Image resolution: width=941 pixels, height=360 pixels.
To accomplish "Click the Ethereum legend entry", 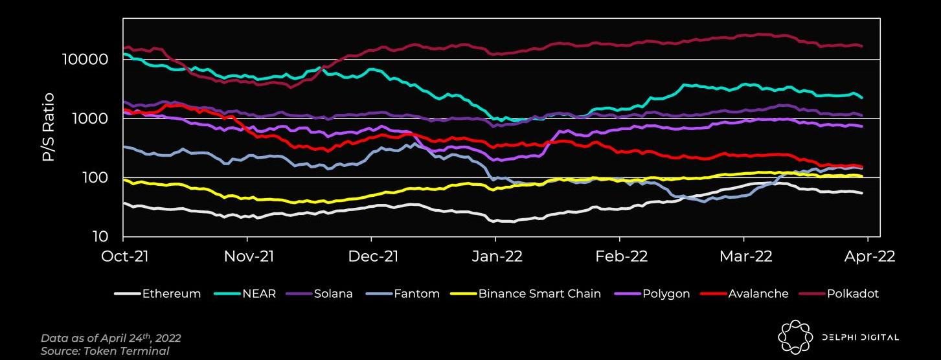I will pyautogui.click(x=157, y=294).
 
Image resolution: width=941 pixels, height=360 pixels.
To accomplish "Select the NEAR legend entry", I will pyautogui.click(x=247, y=294).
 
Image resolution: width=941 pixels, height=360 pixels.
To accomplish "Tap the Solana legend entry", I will pyautogui.click(x=320, y=294).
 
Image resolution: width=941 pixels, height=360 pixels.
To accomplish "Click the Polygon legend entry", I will pyautogui.click(x=650, y=294).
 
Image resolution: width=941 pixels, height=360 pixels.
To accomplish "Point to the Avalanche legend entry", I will pyautogui.click(x=744, y=294).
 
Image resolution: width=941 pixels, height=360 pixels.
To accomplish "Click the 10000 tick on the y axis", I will pyautogui.click(x=85, y=60).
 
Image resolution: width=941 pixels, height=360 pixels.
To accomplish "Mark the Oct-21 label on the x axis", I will pyautogui.click(x=125, y=256).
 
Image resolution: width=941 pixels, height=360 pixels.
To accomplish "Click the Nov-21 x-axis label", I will pyautogui.click(x=249, y=256).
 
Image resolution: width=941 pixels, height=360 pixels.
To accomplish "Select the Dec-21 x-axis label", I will pyautogui.click(x=373, y=256).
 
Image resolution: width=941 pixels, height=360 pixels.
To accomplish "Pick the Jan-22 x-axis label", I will pyautogui.click(x=497, y=256).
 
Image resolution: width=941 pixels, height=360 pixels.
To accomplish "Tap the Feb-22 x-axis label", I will pyautogui.click(x=621, y=256).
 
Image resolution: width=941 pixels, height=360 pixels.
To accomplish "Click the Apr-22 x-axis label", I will pyautogui.click(x=869, y=256).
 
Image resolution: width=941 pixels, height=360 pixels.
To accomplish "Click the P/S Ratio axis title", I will pyautogui.click(x=49, y=127).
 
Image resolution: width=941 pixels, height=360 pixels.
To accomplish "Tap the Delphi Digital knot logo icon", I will pyautogui.click(x=795, y=337).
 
